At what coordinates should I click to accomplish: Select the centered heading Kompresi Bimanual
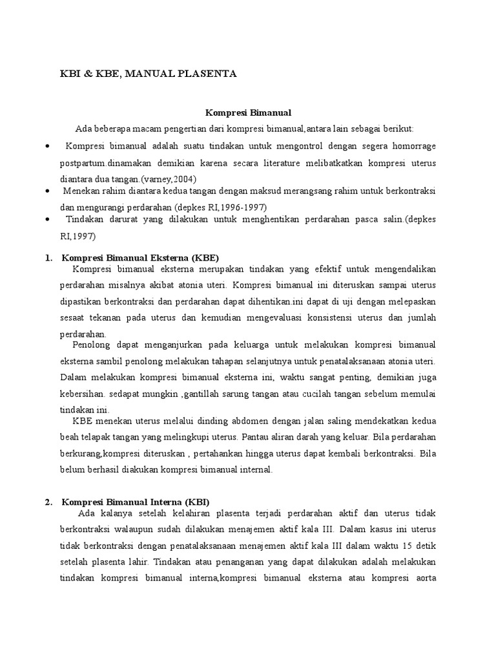click(x=248, y=112)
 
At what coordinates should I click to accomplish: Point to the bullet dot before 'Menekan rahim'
click(x=49, y=192)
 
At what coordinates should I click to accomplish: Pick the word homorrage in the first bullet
click(x=414, y=147)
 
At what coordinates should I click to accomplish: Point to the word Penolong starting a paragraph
click(x=91, y=345)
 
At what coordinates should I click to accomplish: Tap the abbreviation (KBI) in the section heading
click(x=198, y=502)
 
